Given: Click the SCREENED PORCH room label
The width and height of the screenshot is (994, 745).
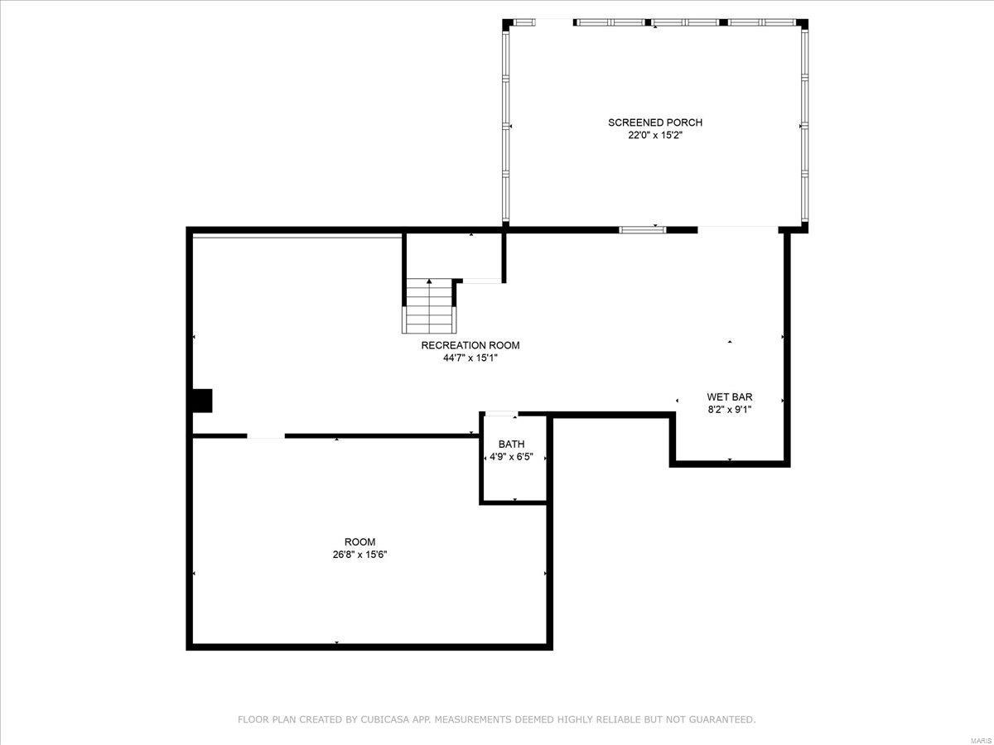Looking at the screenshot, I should click(x=654, y=123).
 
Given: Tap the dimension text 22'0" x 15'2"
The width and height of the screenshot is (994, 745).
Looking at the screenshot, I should click(x=654, y=136).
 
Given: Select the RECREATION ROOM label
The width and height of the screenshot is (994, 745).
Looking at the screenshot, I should click(x=470, y=345).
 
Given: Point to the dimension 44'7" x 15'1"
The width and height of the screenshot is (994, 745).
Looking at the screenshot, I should click(x=470, y=358).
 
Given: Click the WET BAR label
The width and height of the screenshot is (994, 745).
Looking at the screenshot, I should click(x=729, y=397).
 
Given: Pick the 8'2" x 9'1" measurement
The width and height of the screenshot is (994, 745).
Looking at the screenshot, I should click(x=729, y=409).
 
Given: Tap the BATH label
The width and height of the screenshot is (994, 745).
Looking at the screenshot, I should click(x=511, y=445).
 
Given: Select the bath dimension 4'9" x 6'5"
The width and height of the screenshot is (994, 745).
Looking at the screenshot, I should click(x=511, y=457).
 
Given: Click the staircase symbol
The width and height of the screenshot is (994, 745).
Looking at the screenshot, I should click(x=429, y=305).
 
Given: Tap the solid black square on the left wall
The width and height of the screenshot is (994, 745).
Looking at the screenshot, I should click(x=202, y=401).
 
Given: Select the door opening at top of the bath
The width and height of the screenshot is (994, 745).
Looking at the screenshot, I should click(x=502, y=414).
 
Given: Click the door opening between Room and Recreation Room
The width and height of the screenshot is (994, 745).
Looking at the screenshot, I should click(x=265, y=435).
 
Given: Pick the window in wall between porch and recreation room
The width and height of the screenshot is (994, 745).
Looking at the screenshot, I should click(x=643, y=229).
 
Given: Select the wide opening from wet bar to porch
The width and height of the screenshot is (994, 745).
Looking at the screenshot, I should click(x=738, y=228).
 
